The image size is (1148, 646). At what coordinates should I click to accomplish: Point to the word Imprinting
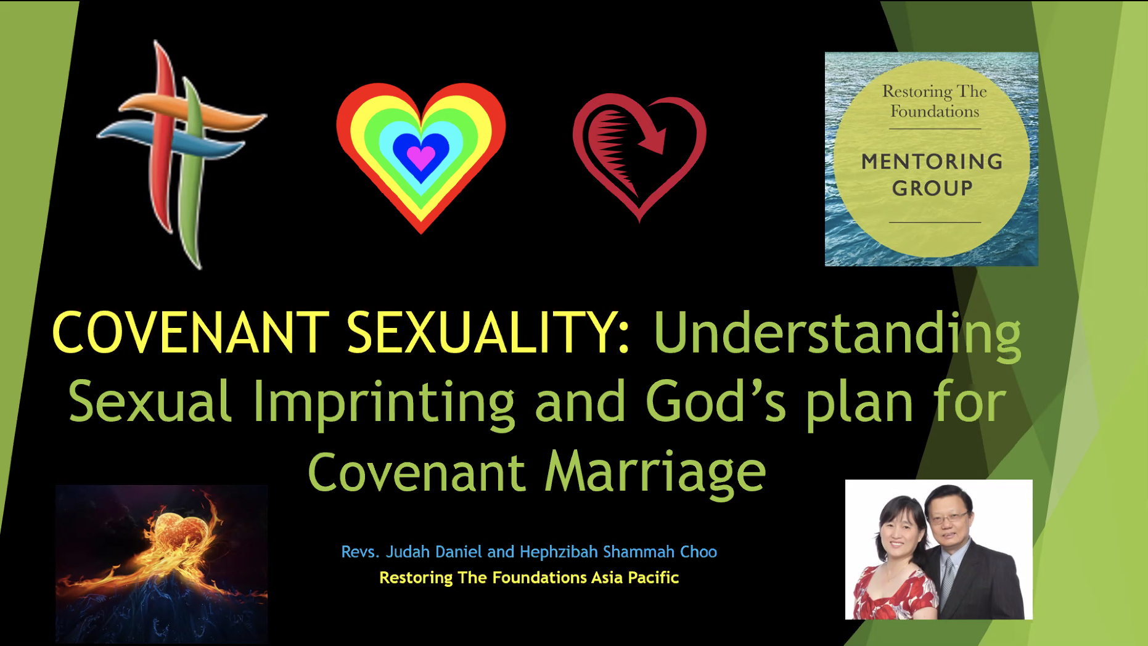pyautogui.click(x=383, y=403)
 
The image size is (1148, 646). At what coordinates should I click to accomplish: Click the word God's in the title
pyautogui.click(x=715, y=401)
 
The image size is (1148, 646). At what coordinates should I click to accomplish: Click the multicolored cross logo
pyautogui.click(x=182, y=154)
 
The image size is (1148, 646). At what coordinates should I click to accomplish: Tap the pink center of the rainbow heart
pyautogui.click(x=421, y=158)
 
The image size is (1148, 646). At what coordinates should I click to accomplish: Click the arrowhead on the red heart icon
pyautogui.click(x=654, y=141)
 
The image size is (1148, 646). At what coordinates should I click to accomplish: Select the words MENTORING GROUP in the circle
pyautogui.click(x=932, y=174)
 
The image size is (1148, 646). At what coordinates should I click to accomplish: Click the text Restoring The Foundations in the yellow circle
pyautogui.click(x=935, y=101)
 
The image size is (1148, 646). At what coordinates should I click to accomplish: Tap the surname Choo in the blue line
pyautogui.click(x=699, y=552)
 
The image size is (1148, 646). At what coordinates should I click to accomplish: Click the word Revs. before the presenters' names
pyautogui.click(x=360, y=552)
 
